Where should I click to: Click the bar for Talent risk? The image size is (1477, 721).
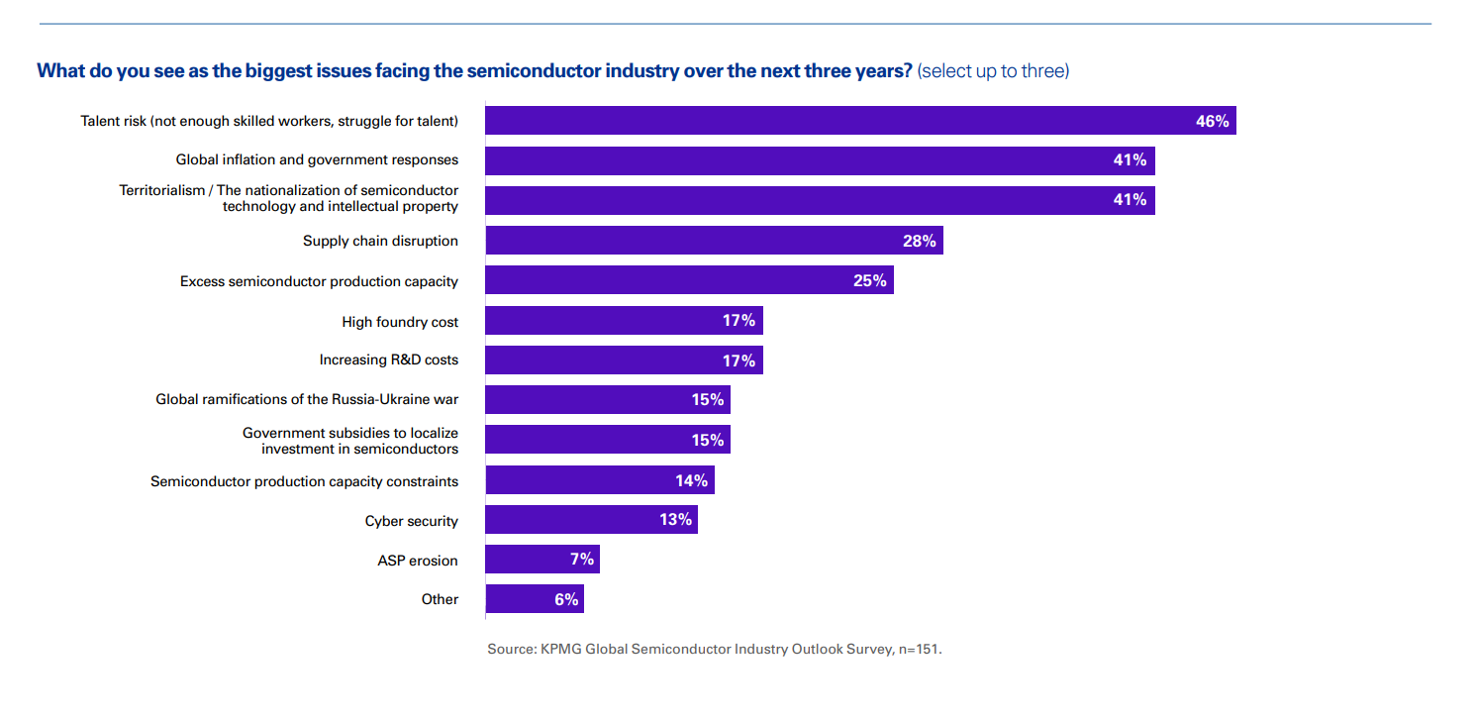tap(859, 121)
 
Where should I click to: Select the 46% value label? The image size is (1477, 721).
tap(1212, 121)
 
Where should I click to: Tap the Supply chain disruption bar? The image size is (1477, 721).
tap(713, 241)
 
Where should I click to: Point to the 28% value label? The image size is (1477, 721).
tap(919, 241)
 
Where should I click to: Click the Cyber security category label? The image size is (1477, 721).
tap(411, 521)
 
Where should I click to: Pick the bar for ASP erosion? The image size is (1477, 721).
tap(542, 560)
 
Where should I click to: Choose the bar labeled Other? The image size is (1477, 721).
tap(534, 599)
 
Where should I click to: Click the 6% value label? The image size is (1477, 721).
tap(565, 599)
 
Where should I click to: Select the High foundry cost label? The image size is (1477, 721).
tap(400, 322)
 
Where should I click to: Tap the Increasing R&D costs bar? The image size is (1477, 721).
tap(624, 360)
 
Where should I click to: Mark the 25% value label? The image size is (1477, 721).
tap(869, 280)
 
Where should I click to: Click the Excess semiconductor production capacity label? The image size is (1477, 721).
tap(319, 281)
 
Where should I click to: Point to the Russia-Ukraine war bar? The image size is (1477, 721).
tap(607, 400)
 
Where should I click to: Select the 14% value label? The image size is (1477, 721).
tap(691, 480)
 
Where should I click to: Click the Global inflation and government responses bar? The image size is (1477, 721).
tap(819, 160)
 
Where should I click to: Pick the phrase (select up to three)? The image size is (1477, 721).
tap(993, 71)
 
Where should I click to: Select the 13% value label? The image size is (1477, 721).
tap(675, 519)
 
